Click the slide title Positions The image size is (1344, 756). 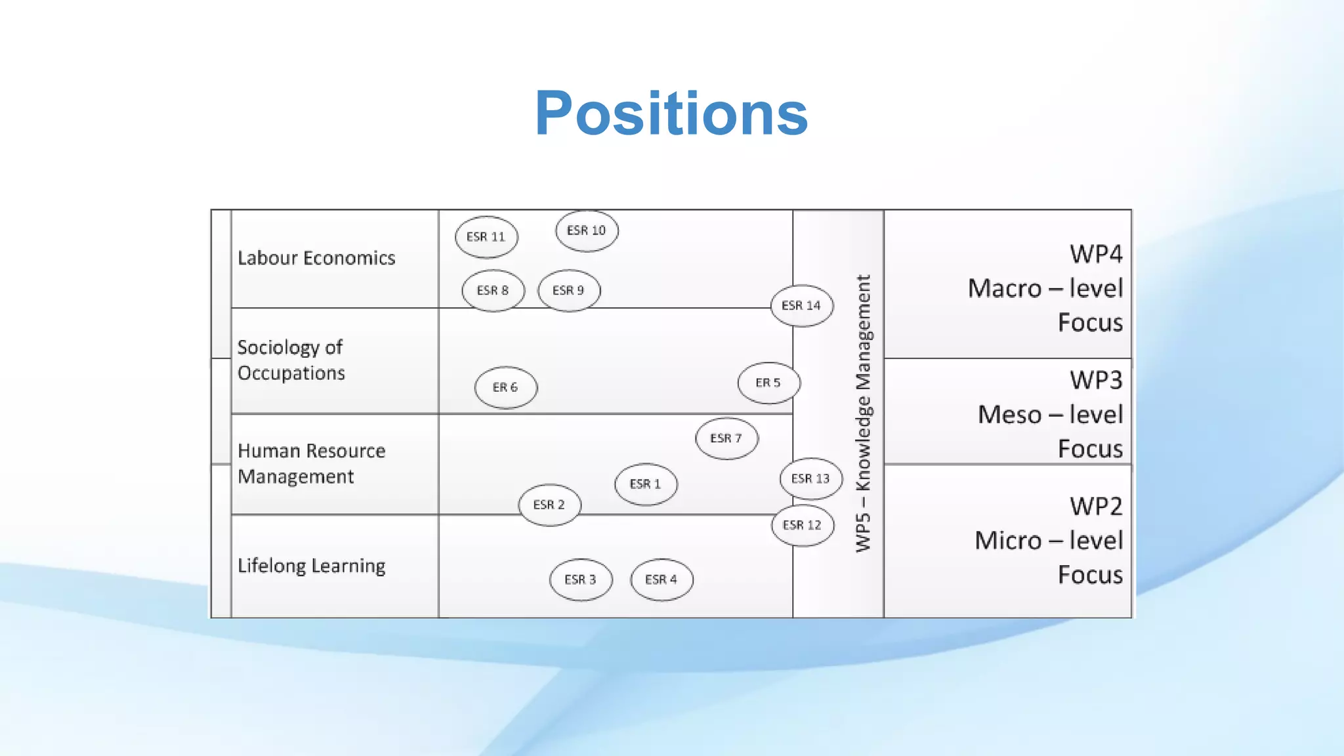(671, 114)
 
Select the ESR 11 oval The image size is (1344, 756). (486, 237)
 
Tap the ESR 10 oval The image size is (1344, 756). (587, 231)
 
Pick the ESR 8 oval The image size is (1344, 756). (493, 291)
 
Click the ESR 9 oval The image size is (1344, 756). (568, 291)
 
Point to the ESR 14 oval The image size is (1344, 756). (801, 306)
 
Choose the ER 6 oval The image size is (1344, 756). (505, 388)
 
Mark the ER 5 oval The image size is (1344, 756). (768, 383)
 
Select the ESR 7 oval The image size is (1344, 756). (726, 438)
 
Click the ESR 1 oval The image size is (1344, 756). (646, 484)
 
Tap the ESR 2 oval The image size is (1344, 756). (549, 505)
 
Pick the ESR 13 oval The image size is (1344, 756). (811, 479)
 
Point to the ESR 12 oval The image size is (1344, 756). (803, 526)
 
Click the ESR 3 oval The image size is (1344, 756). (581, 580)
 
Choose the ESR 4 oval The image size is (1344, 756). (661, 580)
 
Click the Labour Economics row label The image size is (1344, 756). (316, 259)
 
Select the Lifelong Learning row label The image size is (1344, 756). (311, 566)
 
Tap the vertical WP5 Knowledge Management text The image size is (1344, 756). (864, 413)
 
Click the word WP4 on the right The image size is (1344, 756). (1095, 254)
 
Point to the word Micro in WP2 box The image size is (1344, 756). (1008, 541)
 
